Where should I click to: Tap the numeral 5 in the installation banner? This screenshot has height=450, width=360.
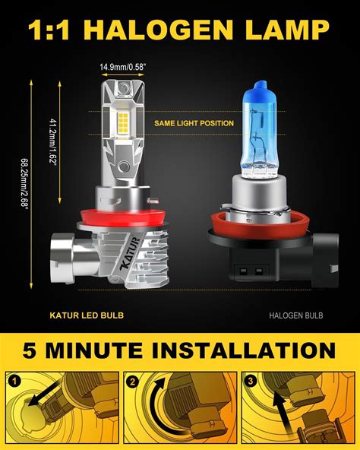(x=33, y=352)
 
